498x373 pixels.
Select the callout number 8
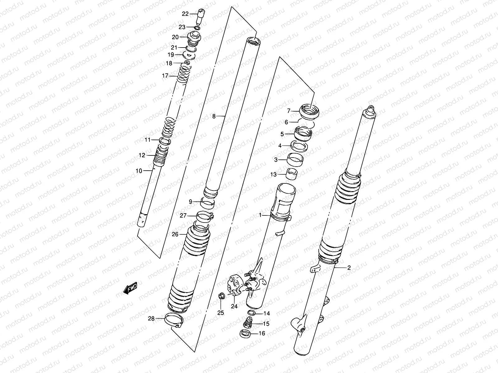pos(214,116)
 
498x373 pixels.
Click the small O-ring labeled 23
pos(197,28)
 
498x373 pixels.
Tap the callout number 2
pos(349,267)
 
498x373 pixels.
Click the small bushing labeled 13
pos(292,174)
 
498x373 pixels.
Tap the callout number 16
pos(262,334)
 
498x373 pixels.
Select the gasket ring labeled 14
pos(251,313)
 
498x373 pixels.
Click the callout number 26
pos(175,234)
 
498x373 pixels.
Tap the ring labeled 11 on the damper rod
pos(165,141)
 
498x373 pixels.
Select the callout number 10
pos(139,171)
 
